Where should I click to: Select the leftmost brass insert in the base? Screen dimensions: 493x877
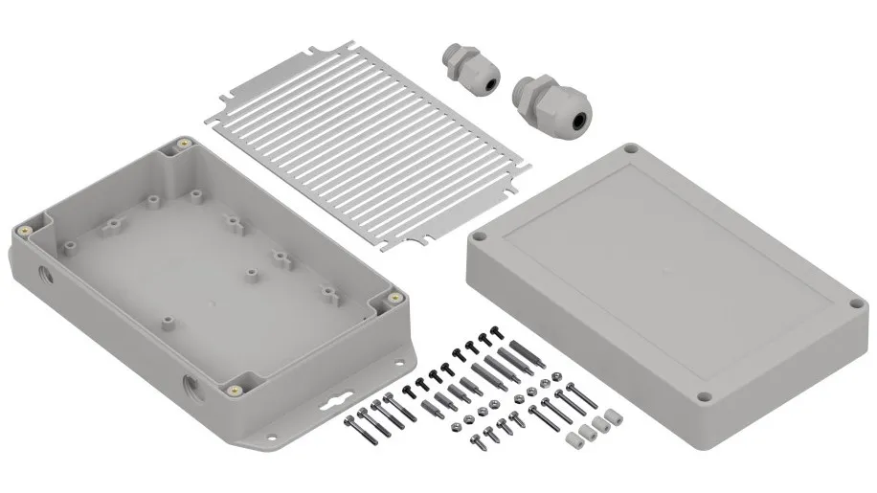pyautogui.click(x=23, y=232)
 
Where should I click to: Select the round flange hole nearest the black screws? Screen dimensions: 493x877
pyautogui.click(x=395, y=362)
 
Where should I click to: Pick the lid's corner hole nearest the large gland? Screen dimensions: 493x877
pyautogui.click(x=629, y=149)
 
